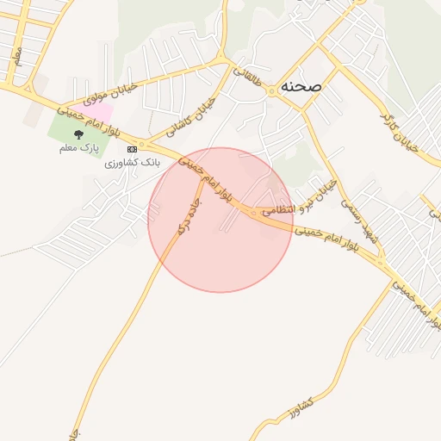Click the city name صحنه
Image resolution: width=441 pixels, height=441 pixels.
click(x=301, y=87)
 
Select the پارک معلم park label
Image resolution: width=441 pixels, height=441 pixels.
click(x=79, y=149)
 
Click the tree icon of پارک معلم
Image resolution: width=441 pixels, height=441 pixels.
click(x=79, y=134)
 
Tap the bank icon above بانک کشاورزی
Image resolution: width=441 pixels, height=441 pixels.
click(x=131, y=149)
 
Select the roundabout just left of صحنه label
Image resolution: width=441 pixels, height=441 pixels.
click(x=271, y=89)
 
